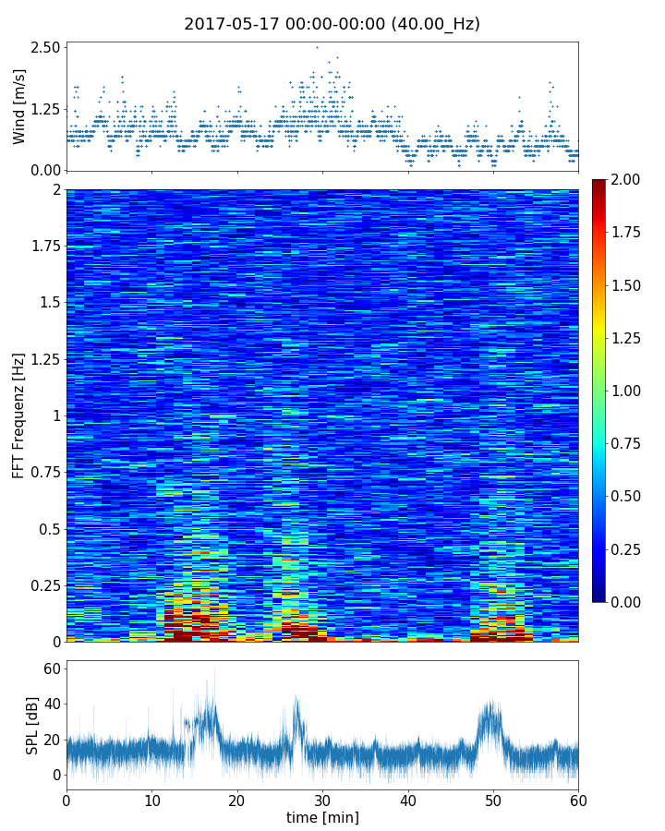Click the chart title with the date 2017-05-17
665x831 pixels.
[x=332, y=24]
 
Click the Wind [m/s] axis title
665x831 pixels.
[x=19, y=106]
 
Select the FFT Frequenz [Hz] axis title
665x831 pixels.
[x=19, y=415]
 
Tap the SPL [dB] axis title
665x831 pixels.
[x=32, y=725]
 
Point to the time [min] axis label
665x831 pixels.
[x=322, y=817]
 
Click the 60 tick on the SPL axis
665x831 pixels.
[x=53, y=668]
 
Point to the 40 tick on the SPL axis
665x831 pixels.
[x=53, y=704]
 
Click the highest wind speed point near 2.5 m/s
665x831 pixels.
[x=317, y=47]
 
